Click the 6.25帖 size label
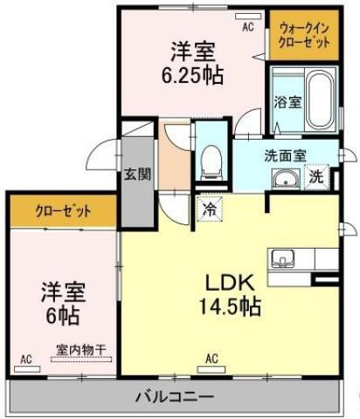click(x=191, y=75)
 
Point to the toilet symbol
click(x=210, y=158)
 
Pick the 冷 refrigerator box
click(x=210, y=209)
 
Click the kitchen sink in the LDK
click(x=284, y=258)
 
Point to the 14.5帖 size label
click(x=230, y=307)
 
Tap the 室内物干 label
click(x=80, y=349)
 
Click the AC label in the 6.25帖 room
click(x=247, y=28)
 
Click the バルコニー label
click(x=175, y=396)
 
